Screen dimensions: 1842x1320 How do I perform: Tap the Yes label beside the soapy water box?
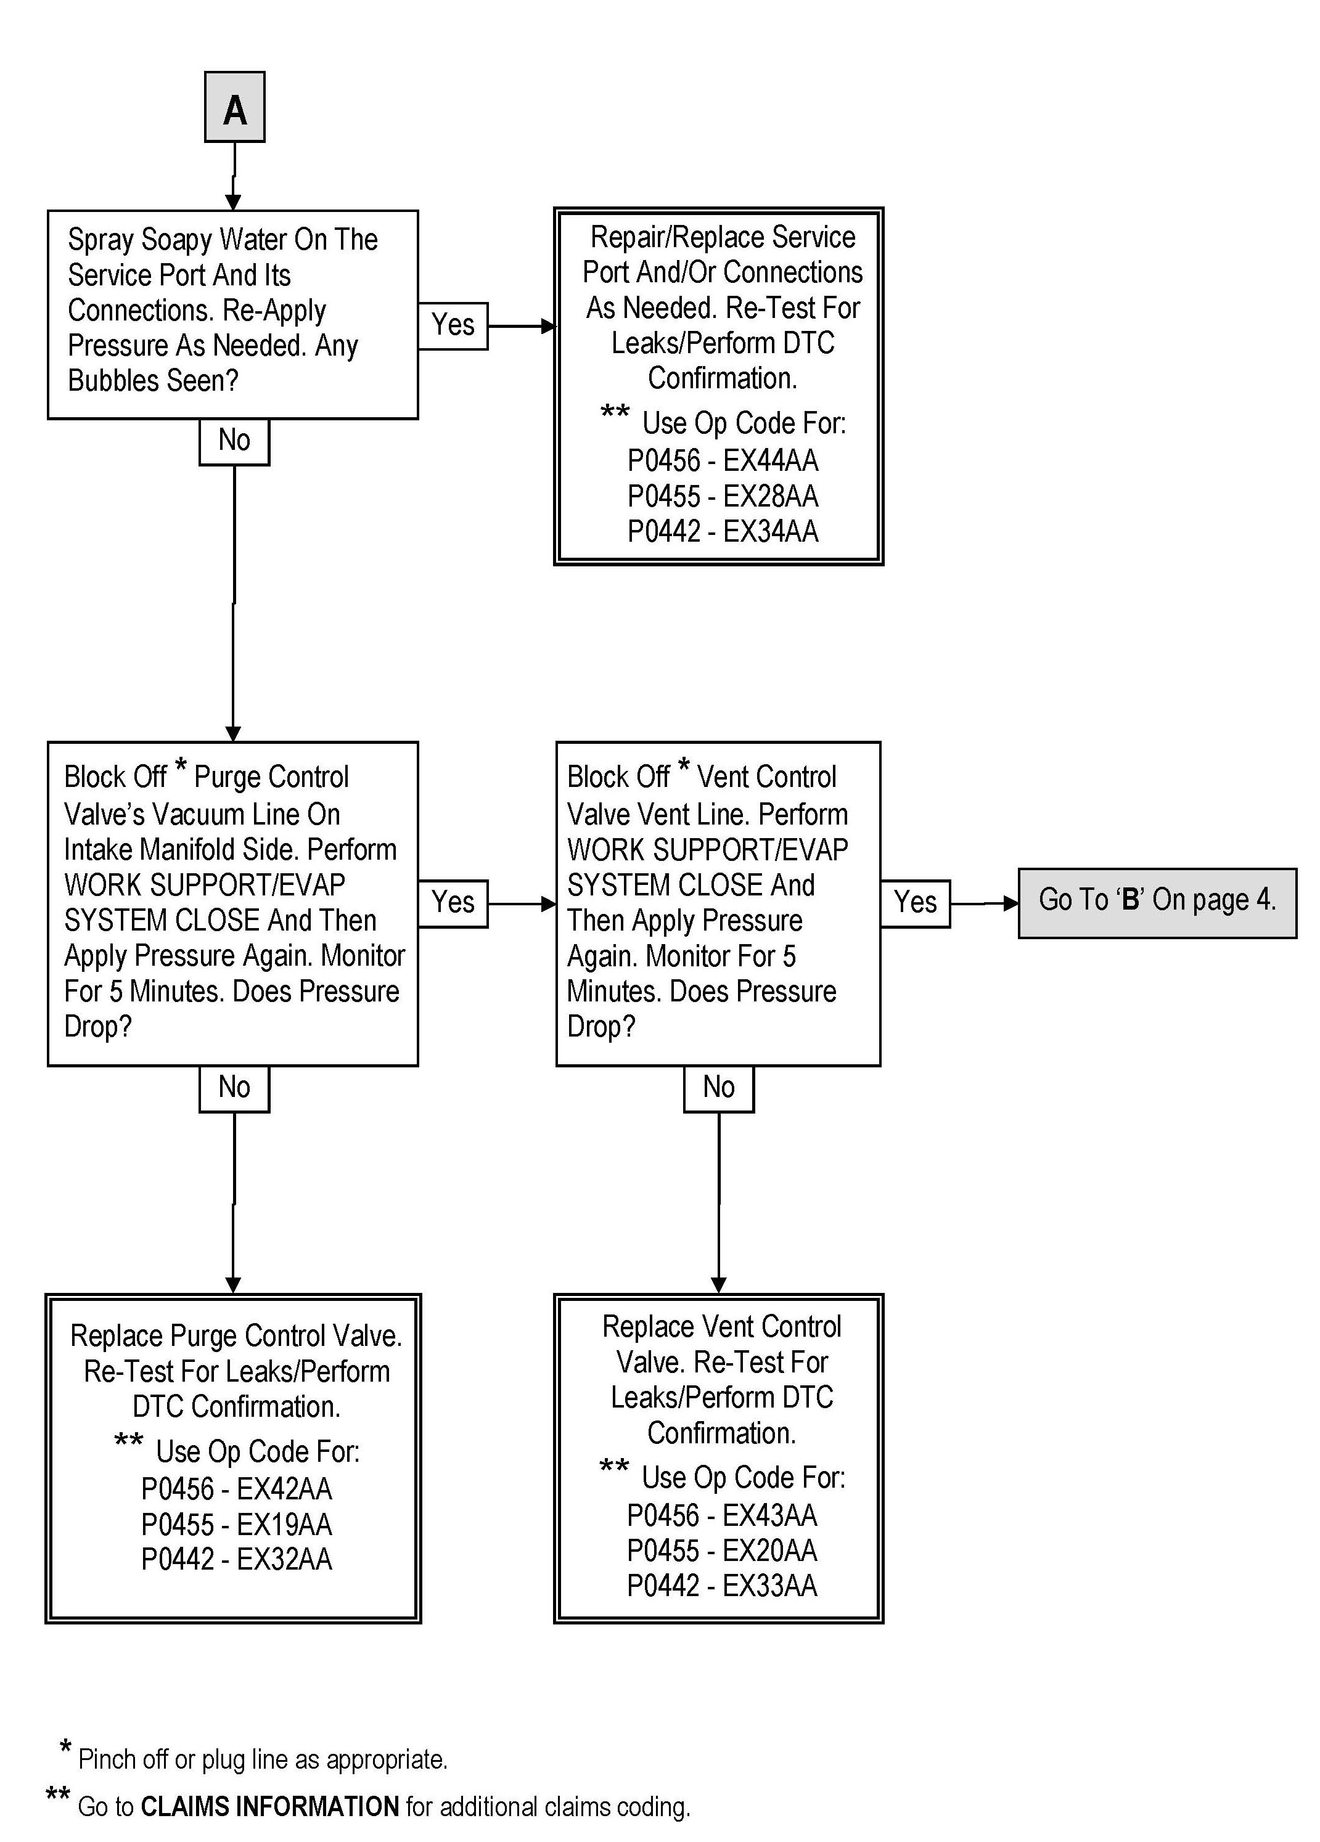[453, 325]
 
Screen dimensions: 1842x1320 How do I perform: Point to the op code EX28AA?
[770, 496]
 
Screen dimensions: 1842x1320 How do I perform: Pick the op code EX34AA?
[770, 532]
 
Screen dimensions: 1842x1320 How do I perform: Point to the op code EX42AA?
[284, 1489]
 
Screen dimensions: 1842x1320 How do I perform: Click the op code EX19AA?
[284, 1525]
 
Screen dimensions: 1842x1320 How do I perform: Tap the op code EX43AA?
[769, 1515]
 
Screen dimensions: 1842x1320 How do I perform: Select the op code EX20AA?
[769, 1551]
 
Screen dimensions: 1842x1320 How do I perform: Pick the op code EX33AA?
[769, 1586]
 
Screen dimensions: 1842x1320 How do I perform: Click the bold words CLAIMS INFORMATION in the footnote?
[269, 1807]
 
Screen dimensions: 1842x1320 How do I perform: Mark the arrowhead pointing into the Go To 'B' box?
[1010, 903]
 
